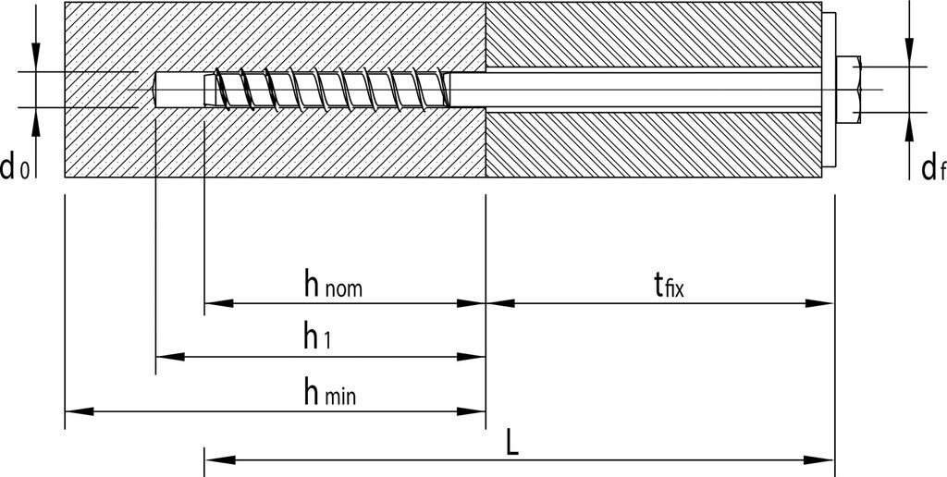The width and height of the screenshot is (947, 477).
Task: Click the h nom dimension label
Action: tap(333, 284)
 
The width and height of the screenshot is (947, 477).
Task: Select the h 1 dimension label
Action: tap(317, 337)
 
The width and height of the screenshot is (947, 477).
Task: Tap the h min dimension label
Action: tap(329, 392)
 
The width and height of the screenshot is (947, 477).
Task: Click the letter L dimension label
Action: tap(512, 442)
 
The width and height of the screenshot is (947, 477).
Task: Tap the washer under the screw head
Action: tap(830, 89)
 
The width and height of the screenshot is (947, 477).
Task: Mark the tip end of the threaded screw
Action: tap(209, 90)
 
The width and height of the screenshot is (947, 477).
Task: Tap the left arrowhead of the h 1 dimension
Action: tap(167, 356)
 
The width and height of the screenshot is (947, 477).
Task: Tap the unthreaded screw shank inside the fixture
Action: tap(647, 90)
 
